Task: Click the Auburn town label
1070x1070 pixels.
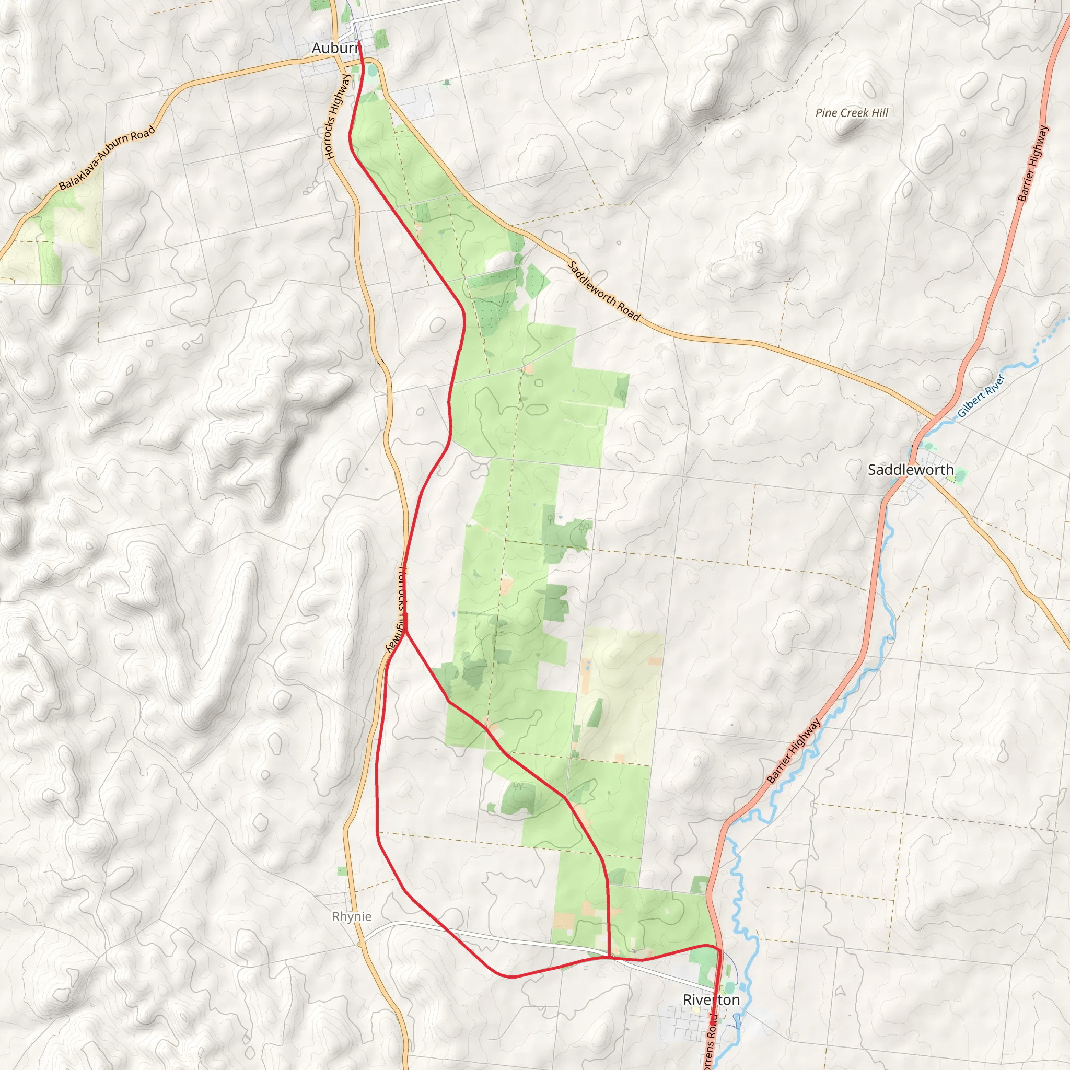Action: [x=335, y=48]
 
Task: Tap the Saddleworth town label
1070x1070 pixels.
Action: [x=911, y=470]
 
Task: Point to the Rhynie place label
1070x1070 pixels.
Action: [x=352, y=916]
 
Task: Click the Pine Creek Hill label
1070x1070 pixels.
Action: [x=852, y=113]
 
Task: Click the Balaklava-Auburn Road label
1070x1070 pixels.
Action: [x=107, y=158]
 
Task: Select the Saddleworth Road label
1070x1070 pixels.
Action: [x=603, y=291]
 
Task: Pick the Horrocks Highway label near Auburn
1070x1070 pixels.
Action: [x=339, y=117]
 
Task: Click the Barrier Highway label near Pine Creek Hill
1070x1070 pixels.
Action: [x=1033, y=162]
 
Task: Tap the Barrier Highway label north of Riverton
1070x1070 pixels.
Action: [x=794, y=751]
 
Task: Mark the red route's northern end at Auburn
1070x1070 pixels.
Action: [x=359, y=42]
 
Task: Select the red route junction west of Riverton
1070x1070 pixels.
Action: [x=609, y=957]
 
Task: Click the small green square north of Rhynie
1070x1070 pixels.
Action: [x=342, y=871]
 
